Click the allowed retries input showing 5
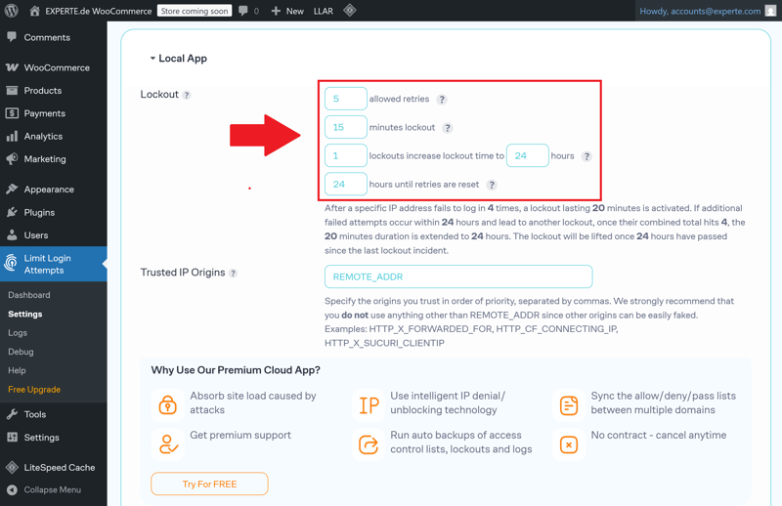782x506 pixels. (346, 99)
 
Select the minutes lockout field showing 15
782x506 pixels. (346, 127)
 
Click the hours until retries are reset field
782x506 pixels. (346, 184)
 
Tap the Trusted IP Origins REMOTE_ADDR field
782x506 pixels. (458, 276)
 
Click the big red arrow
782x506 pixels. (265, 135)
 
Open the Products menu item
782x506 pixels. (43, 90)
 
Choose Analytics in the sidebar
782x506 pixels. (43, 136)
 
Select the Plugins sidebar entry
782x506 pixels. (39, 212)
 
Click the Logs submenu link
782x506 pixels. (18, 332)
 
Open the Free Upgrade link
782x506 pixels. (34, 390)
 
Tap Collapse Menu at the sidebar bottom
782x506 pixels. (53, 489)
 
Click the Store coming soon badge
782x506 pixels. (195, 11)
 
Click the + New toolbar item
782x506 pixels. (287, 11)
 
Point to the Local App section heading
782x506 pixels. (183, 59)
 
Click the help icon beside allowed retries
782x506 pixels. (442, 100)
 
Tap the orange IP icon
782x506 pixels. (369, 405)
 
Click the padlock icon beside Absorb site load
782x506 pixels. (167, 404)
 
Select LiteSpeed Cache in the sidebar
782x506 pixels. (60, 467)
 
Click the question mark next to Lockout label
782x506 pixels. (186, 95)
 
